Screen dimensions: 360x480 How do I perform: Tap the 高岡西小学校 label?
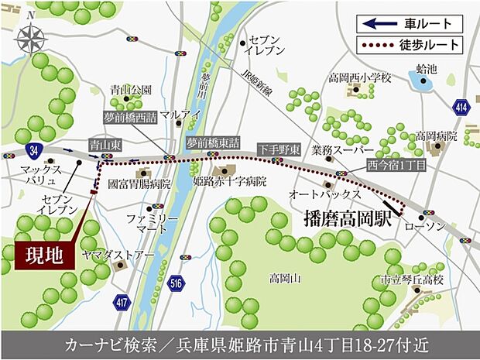tap(360, 78)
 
